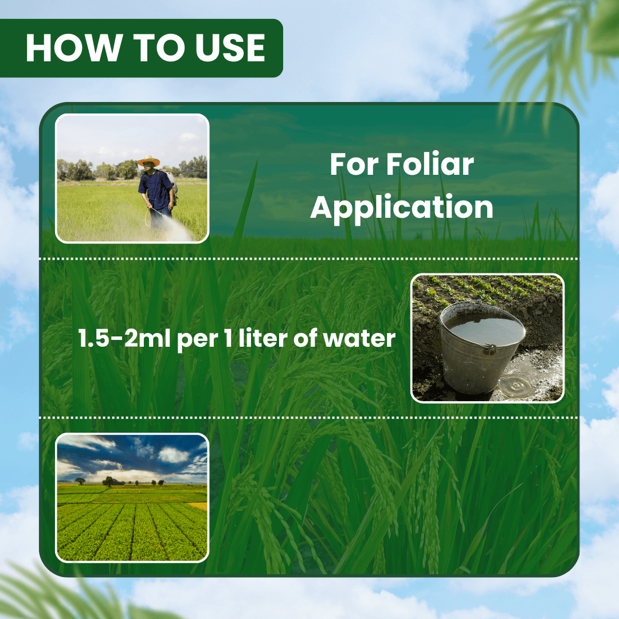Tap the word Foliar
(x=430, y=165)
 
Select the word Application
(x=401, y=207)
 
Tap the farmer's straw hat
(x=148, y=161)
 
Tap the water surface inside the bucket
(x=485, y=330)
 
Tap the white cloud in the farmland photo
(x=172, y=455)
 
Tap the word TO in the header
(x=150, y=48)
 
